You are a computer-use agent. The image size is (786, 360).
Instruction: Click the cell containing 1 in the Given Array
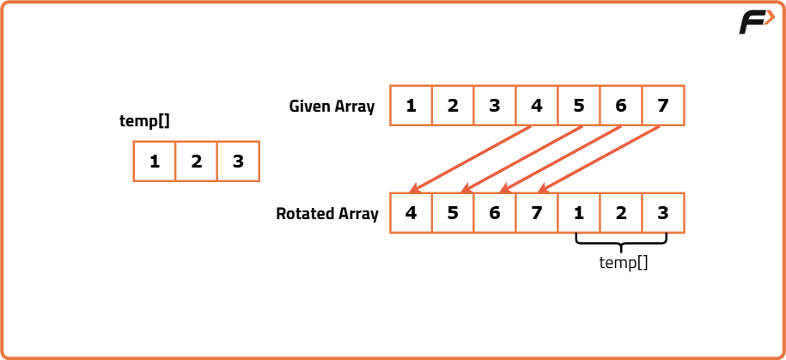[x=411, y=106]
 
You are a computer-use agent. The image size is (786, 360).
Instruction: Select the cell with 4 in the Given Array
[x=537, y=106]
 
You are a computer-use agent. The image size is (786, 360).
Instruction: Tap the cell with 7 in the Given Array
[x=663, y=106]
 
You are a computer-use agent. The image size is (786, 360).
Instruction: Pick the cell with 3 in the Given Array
[x=495, y=106]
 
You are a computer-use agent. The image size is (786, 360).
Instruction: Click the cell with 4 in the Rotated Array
[x=411, y=213]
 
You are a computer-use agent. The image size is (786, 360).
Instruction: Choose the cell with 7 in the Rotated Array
[x=537, y=213]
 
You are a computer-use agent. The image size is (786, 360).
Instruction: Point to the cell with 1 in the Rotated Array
[x=579, y=213]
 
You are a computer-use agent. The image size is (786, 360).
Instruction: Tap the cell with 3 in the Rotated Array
[x=663, y=213]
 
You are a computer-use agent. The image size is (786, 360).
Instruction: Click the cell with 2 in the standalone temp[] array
[x=197, y=161]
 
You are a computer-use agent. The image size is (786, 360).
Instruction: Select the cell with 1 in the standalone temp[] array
[x=155, y=161]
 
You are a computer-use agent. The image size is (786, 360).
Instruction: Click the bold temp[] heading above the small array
[x=144, y=121]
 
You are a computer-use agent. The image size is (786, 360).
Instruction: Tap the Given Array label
[x=332, y=107]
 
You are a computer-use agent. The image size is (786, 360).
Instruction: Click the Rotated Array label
[x=327, y=214]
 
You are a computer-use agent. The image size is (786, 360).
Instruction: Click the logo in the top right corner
[x=756, y=22]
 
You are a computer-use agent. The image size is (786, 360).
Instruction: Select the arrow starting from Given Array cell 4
[x=472, y=157]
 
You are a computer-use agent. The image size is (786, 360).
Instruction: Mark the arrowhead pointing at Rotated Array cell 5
[x=465, y=189]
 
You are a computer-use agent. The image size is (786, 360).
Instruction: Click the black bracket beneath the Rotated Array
[x=621, y=242]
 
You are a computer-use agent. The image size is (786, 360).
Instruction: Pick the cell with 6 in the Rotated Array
[x=495, y=213]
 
